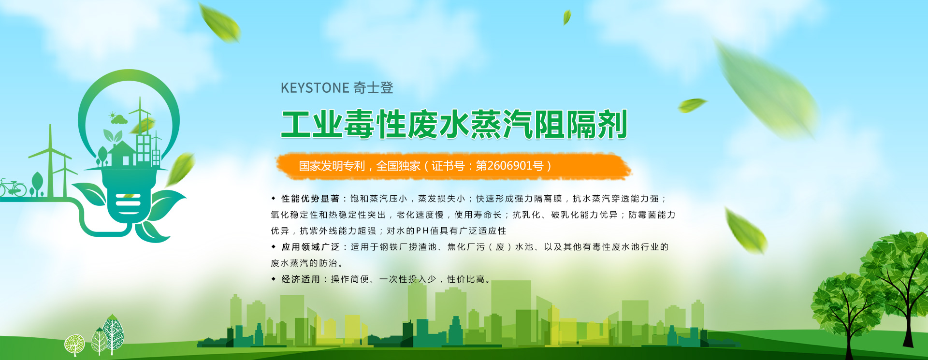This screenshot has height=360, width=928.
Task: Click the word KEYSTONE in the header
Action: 315,88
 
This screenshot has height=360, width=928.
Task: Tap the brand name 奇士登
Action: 373,88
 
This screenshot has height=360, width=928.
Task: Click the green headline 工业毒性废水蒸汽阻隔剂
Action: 454,125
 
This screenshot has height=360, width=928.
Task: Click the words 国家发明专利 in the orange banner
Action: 332,166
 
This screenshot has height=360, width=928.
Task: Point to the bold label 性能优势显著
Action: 310,199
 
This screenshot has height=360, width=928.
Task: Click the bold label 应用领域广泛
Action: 310,247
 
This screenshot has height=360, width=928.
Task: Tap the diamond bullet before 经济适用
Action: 274,279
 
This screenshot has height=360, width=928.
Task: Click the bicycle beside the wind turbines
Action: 13,188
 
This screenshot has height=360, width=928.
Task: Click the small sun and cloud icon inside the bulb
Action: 118,118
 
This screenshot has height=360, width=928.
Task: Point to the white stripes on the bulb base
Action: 128,203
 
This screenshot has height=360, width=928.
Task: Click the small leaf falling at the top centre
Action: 566,17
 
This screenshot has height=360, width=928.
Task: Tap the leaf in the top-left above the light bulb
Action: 220,22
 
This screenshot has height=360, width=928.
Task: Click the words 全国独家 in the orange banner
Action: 398,166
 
